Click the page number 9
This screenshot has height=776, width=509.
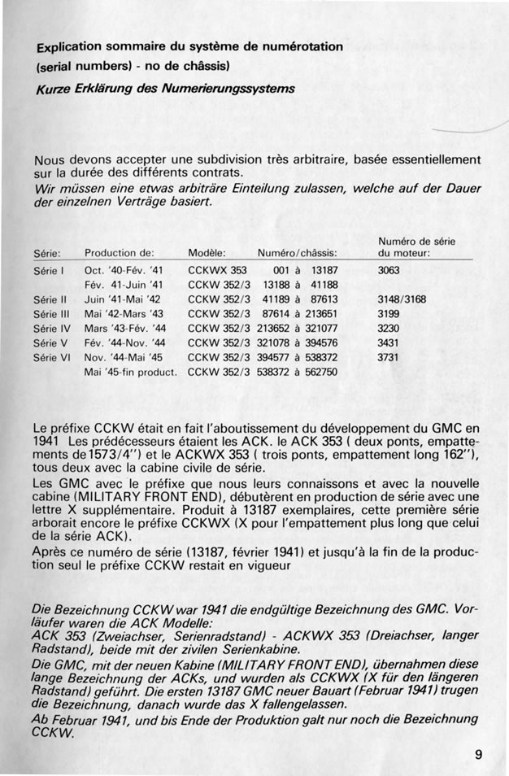[479, 754]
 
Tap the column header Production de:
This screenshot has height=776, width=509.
[119, 253]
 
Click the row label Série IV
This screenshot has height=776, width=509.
[54, 328]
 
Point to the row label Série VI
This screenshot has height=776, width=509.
[54, 357]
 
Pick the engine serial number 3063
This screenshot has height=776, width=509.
[389, 269]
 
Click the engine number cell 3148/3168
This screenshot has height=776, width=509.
[402, 299]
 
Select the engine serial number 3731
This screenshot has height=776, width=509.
[389, 357]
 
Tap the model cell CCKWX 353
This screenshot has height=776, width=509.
[217, 269]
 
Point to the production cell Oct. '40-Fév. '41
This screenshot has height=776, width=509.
[124, 269]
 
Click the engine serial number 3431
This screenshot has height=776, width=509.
[389, 342]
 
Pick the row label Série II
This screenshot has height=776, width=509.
[51, 299]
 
